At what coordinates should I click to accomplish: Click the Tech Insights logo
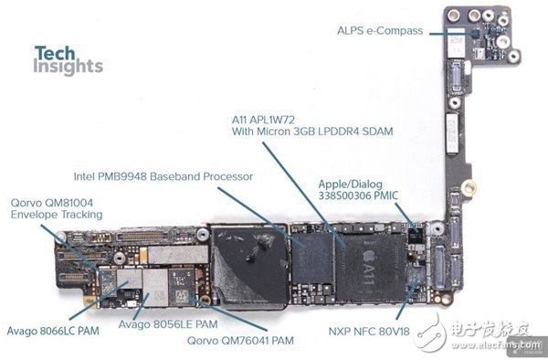[68, 59]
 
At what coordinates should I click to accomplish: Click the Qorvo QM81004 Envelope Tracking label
[57, 208]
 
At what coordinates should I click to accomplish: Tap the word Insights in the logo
[68, 67]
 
